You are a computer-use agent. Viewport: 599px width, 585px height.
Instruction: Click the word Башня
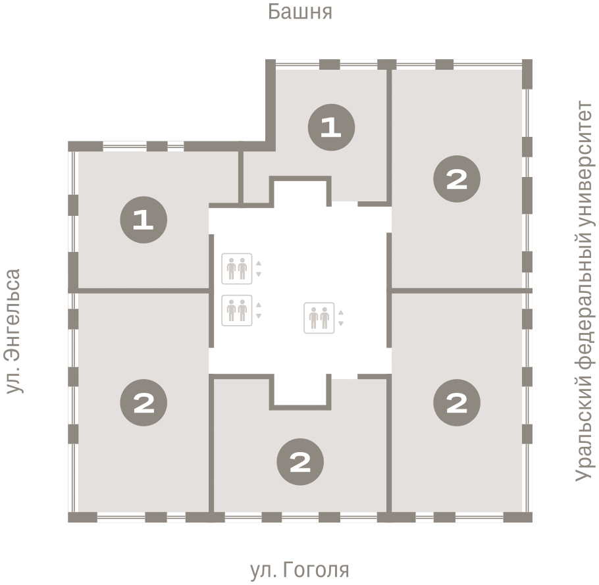[x=300, y=12]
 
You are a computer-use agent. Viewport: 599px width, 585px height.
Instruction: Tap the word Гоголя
[x=316, y=570]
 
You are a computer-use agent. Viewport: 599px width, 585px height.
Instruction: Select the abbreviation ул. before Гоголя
[x=263, y=570]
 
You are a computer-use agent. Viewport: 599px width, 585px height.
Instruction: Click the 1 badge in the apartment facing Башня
[x=331, y=127]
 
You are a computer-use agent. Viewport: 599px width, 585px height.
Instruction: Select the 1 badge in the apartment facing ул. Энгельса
[x=143, y=220]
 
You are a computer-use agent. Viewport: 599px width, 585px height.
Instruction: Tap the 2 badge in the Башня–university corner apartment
[x=457, y=179]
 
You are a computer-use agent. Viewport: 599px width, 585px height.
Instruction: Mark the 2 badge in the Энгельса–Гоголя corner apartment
[x=143, y=403]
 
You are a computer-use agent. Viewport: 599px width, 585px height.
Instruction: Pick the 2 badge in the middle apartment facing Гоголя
[x=300, y=462]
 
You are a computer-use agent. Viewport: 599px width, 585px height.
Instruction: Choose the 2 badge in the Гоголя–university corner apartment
[x=457, y=403]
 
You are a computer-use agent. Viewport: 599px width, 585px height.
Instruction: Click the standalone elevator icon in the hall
[x=319, y=318]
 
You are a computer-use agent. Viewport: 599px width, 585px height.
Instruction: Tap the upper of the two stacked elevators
[x=237, y=269]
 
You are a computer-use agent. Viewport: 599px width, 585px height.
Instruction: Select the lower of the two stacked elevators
[x=237, y=311]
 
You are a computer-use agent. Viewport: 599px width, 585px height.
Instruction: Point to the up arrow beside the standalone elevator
[x=341, y=313]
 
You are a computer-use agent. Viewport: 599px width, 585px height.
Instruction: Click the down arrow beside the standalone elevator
[x=341, y=324]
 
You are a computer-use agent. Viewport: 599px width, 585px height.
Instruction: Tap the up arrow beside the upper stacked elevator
[x=259, y=263]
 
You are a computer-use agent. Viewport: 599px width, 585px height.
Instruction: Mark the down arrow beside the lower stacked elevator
[x=259, y=316]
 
